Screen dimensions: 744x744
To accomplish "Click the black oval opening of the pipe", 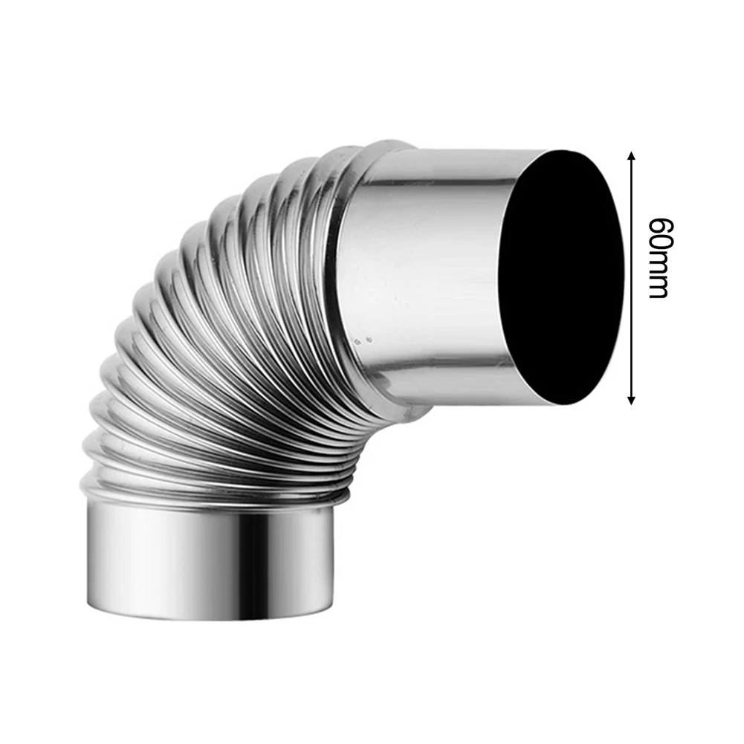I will pos(561,279).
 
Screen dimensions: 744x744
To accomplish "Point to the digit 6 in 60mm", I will pos(658,224).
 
